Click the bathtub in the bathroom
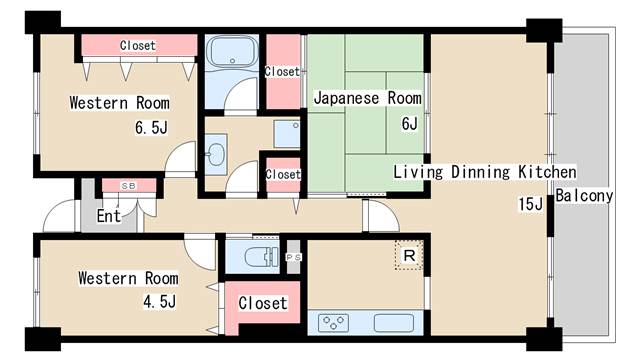pyautogui.click(x=232, y=52)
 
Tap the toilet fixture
pyautogui.click(x=261, y=257)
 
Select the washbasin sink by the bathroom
pyautogui.click(x=216, y=155)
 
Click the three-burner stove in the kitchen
pyautogui.click(x=333, y=322)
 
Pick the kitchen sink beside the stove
pyautogui.click(x=394, y=322)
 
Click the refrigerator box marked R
pyautogui.click(x=409, y=256)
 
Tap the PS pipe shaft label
pyautogui.click(x=293, y=257)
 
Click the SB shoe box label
pyautogui.click(x=129, y=186)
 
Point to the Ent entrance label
pyautogui.click(x=109, y=216)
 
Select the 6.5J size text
pyautogui.click(x=151, y=128)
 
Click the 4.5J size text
pyautogui.click(x=159, y=302)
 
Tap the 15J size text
pyautogui.click(x=531, y=204)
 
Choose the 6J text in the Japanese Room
pyautogui.click(x=409, y=123)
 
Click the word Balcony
pyautogui.click(x=584, y=196)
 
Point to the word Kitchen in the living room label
pyautogui.click(x=547, y=172)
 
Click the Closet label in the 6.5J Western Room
pyautogui.click(x=138, y=45)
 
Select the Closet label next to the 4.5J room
pyautogui.click(x=263, y=303)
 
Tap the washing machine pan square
pyautogui.click(x=287, y=133)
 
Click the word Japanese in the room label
pyautogui.click(x=347, y=98)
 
